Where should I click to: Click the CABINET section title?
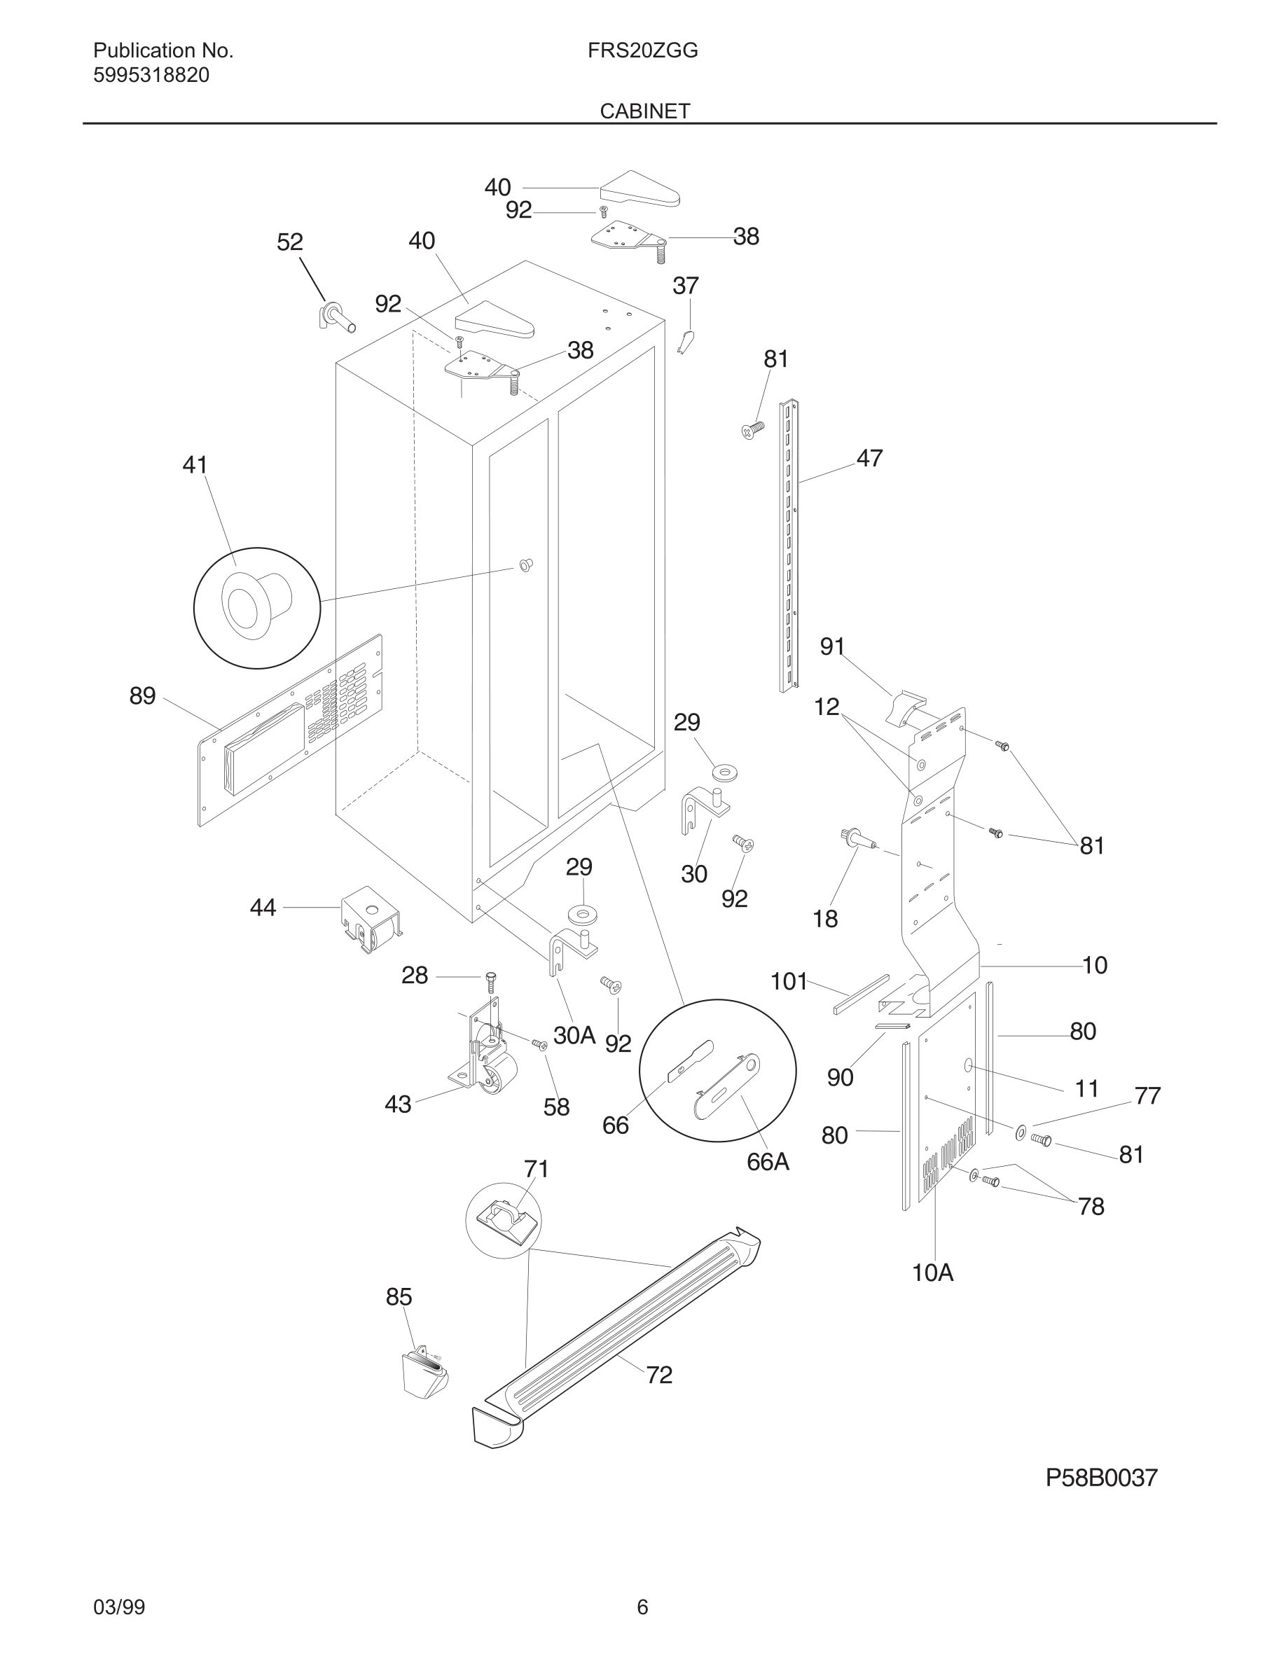(x=644, y=111)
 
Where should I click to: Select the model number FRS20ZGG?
(x=642, y=51)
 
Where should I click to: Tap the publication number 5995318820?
(x=151, y=76)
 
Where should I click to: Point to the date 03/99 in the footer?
(x=119, y=1607)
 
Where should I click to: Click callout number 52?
(x=289, y=242)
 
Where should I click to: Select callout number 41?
(x=195, y=465)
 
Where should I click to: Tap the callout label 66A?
(x=767, y=1161)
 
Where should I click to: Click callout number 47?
(x=869, y=458)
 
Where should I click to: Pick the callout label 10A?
(x=932, y=1273)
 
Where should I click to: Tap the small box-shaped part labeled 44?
(x=371, y=918)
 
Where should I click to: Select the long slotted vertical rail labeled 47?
(x=789, y=546)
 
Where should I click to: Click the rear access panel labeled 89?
(x=289, y=731)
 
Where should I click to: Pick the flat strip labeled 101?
(x=861, y=994)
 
